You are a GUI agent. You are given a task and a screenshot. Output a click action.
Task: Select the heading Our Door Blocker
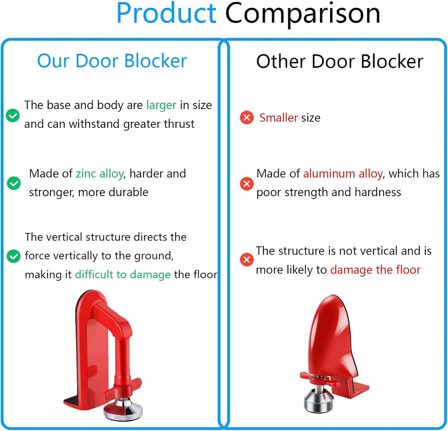pos(112,61)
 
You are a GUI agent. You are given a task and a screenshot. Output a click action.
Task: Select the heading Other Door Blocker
pos(339,61)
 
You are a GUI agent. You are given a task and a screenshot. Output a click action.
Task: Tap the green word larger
pos(161,105)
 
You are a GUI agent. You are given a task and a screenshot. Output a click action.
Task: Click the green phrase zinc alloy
pos(99,173)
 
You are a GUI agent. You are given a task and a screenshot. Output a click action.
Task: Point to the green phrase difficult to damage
pos(122,274)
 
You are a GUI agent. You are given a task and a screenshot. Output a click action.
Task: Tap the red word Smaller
pos(279,118)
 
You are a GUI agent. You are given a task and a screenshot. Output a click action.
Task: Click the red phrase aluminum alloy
pos(343,174)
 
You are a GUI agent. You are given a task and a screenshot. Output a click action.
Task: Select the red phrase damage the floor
pos(375,270)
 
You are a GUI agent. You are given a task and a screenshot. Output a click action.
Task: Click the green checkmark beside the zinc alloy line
pos(14,183)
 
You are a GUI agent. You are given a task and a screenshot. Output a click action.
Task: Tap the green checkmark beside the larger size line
pos(12,115)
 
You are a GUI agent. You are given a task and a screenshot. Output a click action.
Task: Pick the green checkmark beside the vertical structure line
pos(14,256)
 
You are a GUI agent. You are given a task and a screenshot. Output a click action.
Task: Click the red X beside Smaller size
pos(247,118)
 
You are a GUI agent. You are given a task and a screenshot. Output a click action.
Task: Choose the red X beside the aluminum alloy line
pos(247,183)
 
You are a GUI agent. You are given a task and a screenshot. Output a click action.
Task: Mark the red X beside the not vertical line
pos(247,260)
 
